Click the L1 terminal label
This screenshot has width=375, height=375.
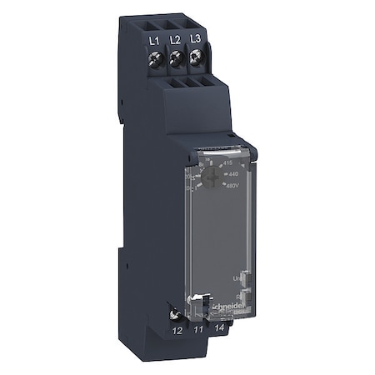[x=154, y=38]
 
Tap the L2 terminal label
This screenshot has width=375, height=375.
[x=175, y=38]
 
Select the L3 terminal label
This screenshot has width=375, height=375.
[x=196, y=38]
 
